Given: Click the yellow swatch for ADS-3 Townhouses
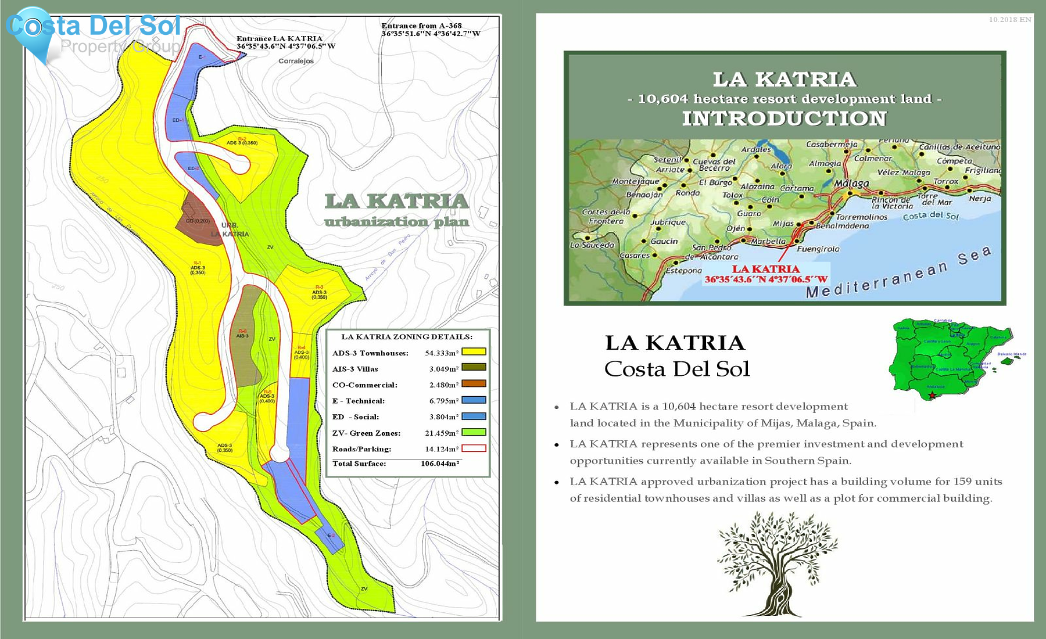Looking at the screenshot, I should click(x=474, y=351).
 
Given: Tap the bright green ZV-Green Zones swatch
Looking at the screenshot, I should click(x=474, y=432).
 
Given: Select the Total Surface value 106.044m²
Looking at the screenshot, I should click(x=440, y=464).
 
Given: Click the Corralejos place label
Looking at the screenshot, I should click(x=296, y=61).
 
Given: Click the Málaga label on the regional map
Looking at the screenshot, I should click(x=851, y=184).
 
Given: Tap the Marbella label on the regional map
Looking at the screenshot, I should click(x=768, y=241).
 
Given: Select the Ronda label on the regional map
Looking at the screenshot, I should click(x=687, y=193).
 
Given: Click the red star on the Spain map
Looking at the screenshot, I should click(x=932, y=396).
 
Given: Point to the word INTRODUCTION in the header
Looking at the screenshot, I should click(x=784, y=119).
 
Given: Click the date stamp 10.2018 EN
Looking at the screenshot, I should click(x=1010, y=20).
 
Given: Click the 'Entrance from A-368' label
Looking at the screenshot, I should click(x=421, y=26).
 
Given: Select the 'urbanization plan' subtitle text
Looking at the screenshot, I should click(x=396, y=222).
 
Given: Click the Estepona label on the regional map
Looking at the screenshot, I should click(x=683, y=271).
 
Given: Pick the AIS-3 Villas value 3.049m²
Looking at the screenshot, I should click(x=443, y=369).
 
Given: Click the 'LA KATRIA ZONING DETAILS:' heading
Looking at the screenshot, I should click(x=407, y=336).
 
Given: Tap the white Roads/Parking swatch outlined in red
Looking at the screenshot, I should click(x=474, y=448).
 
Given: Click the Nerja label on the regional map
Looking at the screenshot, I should click(x=980, y=199).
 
